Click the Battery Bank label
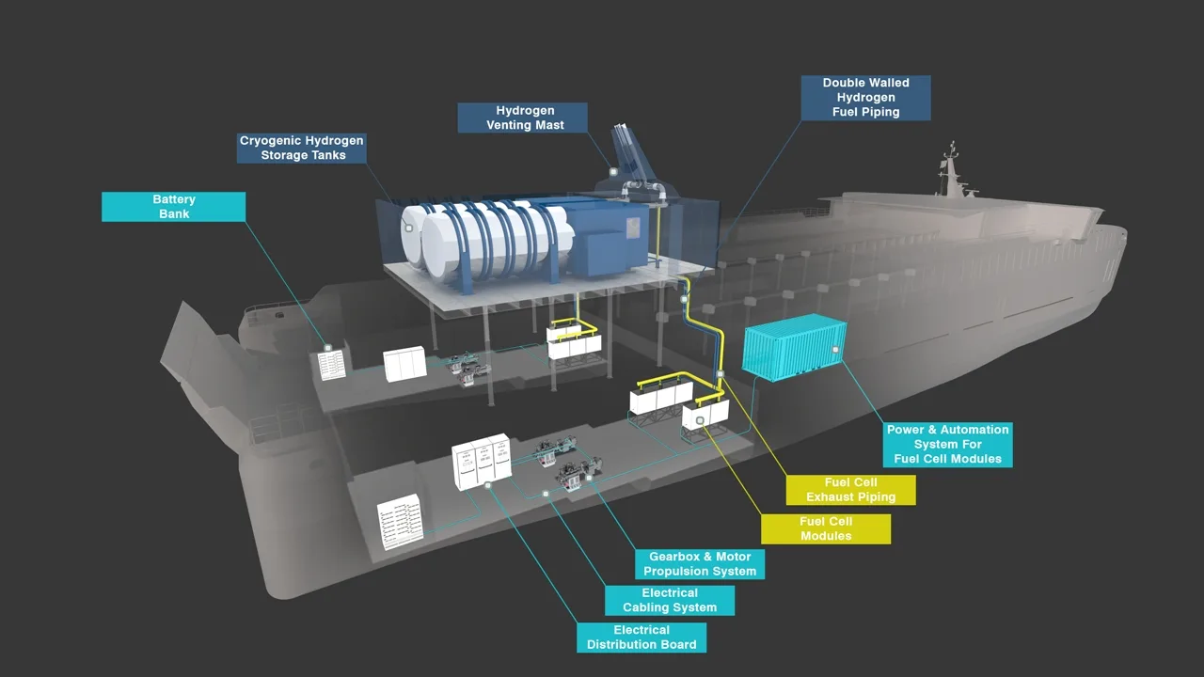coord(173,207)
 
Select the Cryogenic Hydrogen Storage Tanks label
coord(302,148)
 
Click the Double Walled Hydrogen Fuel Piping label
coord(865,98)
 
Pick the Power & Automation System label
coord(947,444)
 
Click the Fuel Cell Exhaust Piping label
coord(850,490)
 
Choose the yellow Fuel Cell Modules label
coord(825,528)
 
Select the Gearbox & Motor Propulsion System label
coord(699,564)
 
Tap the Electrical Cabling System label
coord(669,600)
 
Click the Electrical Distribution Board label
coord(641,638)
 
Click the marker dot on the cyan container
coord(834,349)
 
